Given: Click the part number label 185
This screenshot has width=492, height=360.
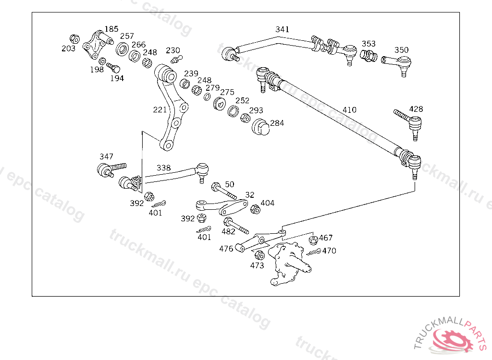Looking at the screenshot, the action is tap(111, 29).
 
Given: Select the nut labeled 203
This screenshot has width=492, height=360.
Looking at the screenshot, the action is tap(74, 39).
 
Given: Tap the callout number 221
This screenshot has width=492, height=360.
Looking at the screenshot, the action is tap(160, 110).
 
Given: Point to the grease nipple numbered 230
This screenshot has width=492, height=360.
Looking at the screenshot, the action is tap(177, 59).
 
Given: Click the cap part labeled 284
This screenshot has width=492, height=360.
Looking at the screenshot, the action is tap(260, 127).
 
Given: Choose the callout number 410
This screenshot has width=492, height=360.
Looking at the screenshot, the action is tap(349, 110).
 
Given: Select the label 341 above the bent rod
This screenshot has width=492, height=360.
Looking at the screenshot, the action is tap(282, 29).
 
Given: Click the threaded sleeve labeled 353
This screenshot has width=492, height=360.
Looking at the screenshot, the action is tap(368, 56).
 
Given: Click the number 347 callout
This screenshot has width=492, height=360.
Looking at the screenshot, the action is tap(106, 156).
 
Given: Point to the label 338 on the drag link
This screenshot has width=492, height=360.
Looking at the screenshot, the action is tap(163, 168).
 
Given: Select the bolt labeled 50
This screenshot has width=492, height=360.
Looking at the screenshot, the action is tap(224, 191).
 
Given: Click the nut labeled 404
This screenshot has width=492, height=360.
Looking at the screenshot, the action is tap(256, 209).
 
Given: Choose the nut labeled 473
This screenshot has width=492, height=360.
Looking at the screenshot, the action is tap(259, 255).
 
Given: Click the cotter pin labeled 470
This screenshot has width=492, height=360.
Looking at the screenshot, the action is tap(313, 252).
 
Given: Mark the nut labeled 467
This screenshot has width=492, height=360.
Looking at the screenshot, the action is tap(313, 240).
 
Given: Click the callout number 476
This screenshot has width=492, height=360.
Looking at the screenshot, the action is tap(226, 249).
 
